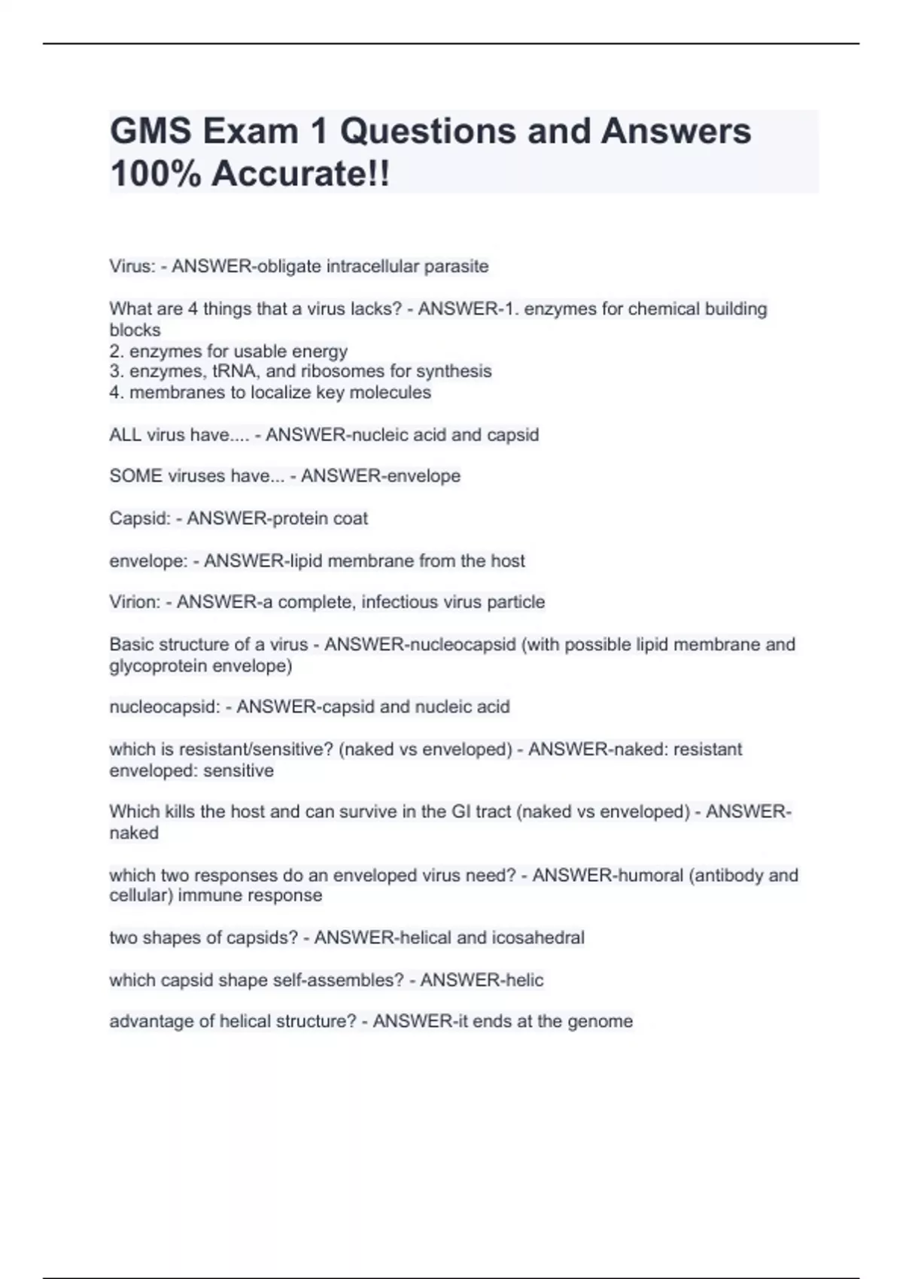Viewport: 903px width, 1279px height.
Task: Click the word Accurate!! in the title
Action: tap(301, 175)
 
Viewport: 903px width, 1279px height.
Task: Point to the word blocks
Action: tap(135, 330)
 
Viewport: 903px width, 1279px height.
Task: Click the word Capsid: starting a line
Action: tap(140, 518)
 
